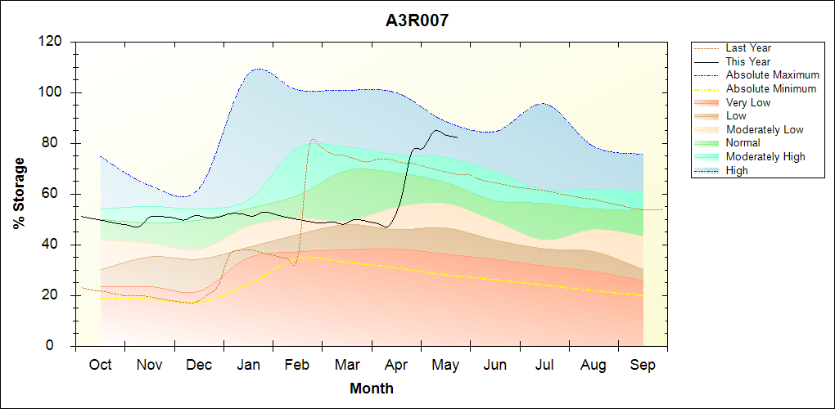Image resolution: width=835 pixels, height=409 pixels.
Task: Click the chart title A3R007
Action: pyautogui.click(x=417, y=20)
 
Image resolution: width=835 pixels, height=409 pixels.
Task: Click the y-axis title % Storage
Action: pyautogui.click(x=20, y=194)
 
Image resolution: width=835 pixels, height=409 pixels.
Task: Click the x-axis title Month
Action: pyautogui.click(x=372, y=389)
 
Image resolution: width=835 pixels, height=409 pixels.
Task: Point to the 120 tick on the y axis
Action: pyautogui.click(x=51, y=42)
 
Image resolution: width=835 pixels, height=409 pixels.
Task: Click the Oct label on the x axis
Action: pyautogui.click(x=100, y=365)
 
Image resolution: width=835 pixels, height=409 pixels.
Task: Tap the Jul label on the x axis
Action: pyautogui.click(x=544, y=365)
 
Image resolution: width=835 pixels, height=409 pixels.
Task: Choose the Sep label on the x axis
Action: pyautogui.click(x=643, y=366)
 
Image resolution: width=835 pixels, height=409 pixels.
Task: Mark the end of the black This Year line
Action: pyautogui.click(x=458, y=137)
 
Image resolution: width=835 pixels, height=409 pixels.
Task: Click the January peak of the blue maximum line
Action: pyautogui.click(x=258, y=69)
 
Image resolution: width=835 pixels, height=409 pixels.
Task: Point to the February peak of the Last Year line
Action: pyautogui.click(x=313, y=139)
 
